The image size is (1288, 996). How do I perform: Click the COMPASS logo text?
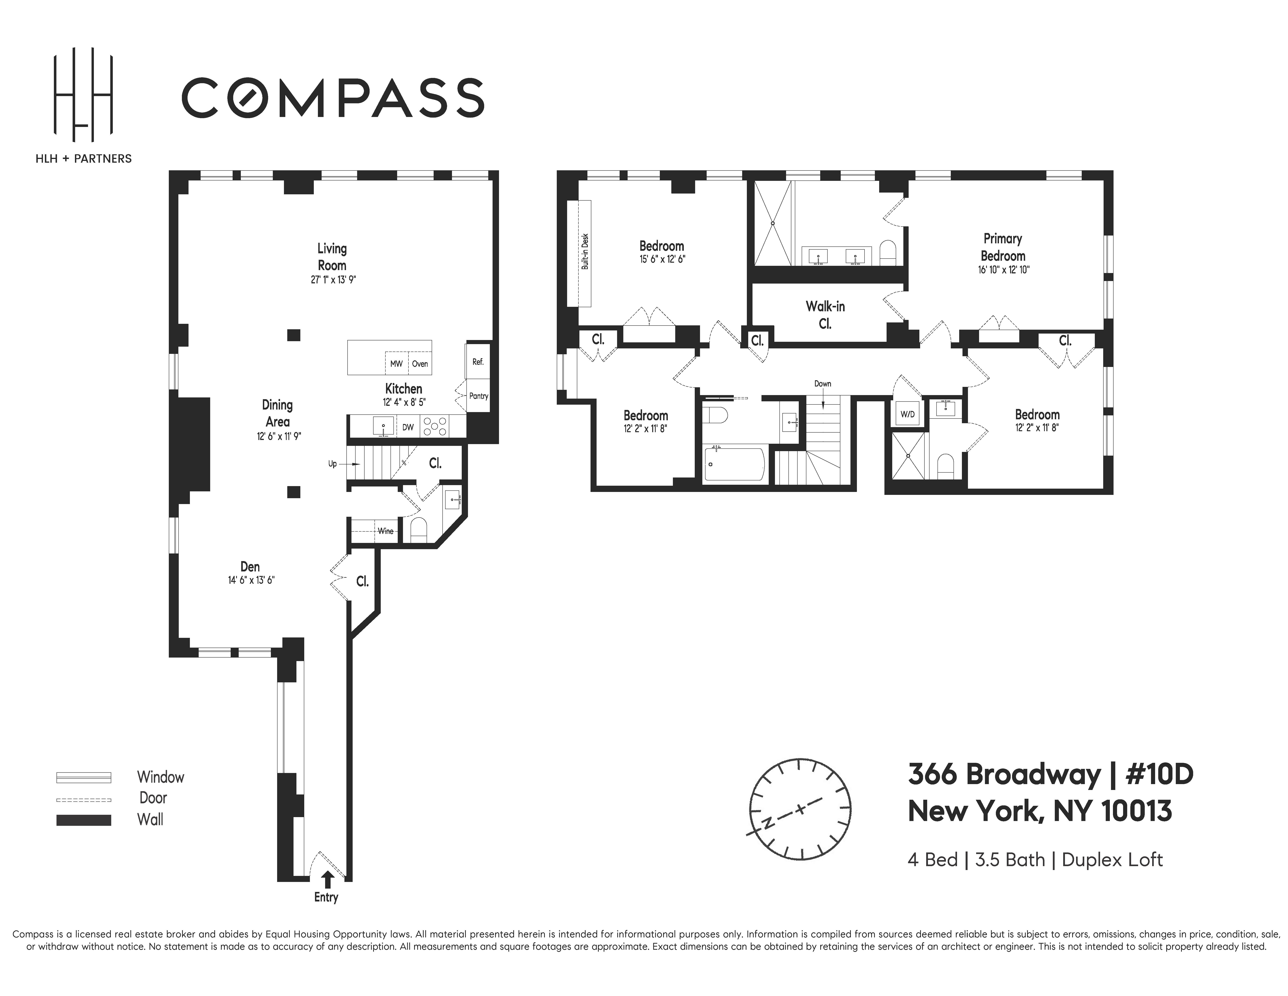coord(333,97)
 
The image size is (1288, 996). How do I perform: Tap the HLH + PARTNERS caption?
coord(83,159)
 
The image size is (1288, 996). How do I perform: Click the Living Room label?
coord(332,257)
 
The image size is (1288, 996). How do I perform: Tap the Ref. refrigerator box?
coord(478,362)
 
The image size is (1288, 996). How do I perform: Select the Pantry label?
coord(478,396)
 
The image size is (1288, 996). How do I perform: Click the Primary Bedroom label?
coord(1002,247)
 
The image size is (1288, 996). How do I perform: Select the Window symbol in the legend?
coord(84,777)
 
